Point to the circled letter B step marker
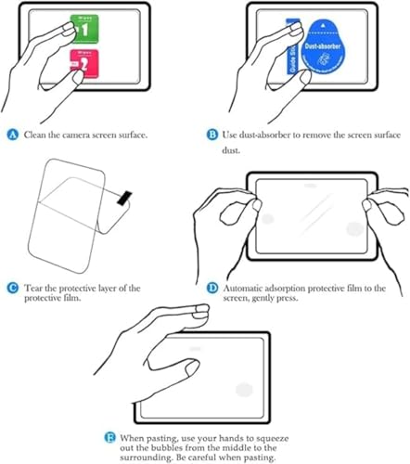coord(213,135)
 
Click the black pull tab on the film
coord(122,196)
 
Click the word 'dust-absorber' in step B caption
coord(274,135)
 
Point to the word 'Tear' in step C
coord(36,290)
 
